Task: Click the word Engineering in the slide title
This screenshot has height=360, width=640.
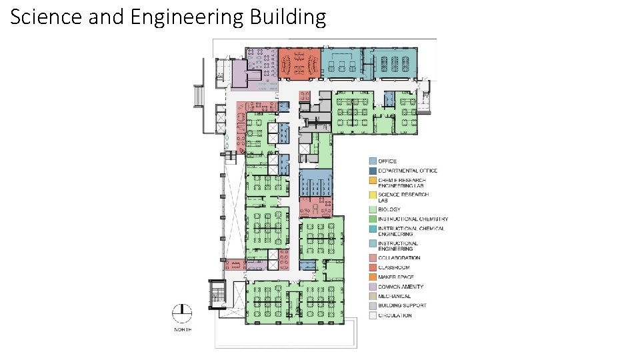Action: [x=187, y=17]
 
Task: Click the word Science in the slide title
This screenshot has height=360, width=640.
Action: [x=42, y=17]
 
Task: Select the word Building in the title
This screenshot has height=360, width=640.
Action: [x=288, y=17]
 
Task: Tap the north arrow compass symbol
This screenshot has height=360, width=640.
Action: [x=182, y=313]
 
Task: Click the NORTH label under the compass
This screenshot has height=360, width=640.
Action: [x=182, y=329]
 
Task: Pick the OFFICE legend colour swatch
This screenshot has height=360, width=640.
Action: [x=373, y=161]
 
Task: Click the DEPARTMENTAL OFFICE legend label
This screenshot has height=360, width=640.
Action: [x=407, y=171]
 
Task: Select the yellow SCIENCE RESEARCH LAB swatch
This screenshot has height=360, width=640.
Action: [x=373, y=195]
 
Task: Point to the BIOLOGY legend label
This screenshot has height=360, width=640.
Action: [x=389, y=209]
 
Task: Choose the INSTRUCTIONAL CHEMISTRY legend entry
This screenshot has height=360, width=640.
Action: [x=413, y=219]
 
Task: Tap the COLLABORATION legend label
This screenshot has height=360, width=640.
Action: [x=399, y=258]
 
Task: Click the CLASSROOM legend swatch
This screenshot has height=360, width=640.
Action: [x=373, y=267]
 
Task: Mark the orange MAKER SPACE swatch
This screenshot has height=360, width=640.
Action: [x=373, y=277]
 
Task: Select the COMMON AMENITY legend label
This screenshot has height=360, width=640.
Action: [x=400, y=287]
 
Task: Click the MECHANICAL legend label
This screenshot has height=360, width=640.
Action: [x=394, y=296]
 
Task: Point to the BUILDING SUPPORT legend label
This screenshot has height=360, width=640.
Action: [x=402, y=305]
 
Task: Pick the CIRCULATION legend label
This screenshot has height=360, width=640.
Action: [x=395, y=315]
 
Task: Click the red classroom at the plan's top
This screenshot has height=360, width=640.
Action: [x=299, y=64]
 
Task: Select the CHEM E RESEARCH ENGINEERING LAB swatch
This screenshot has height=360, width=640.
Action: [x=373, y=180]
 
